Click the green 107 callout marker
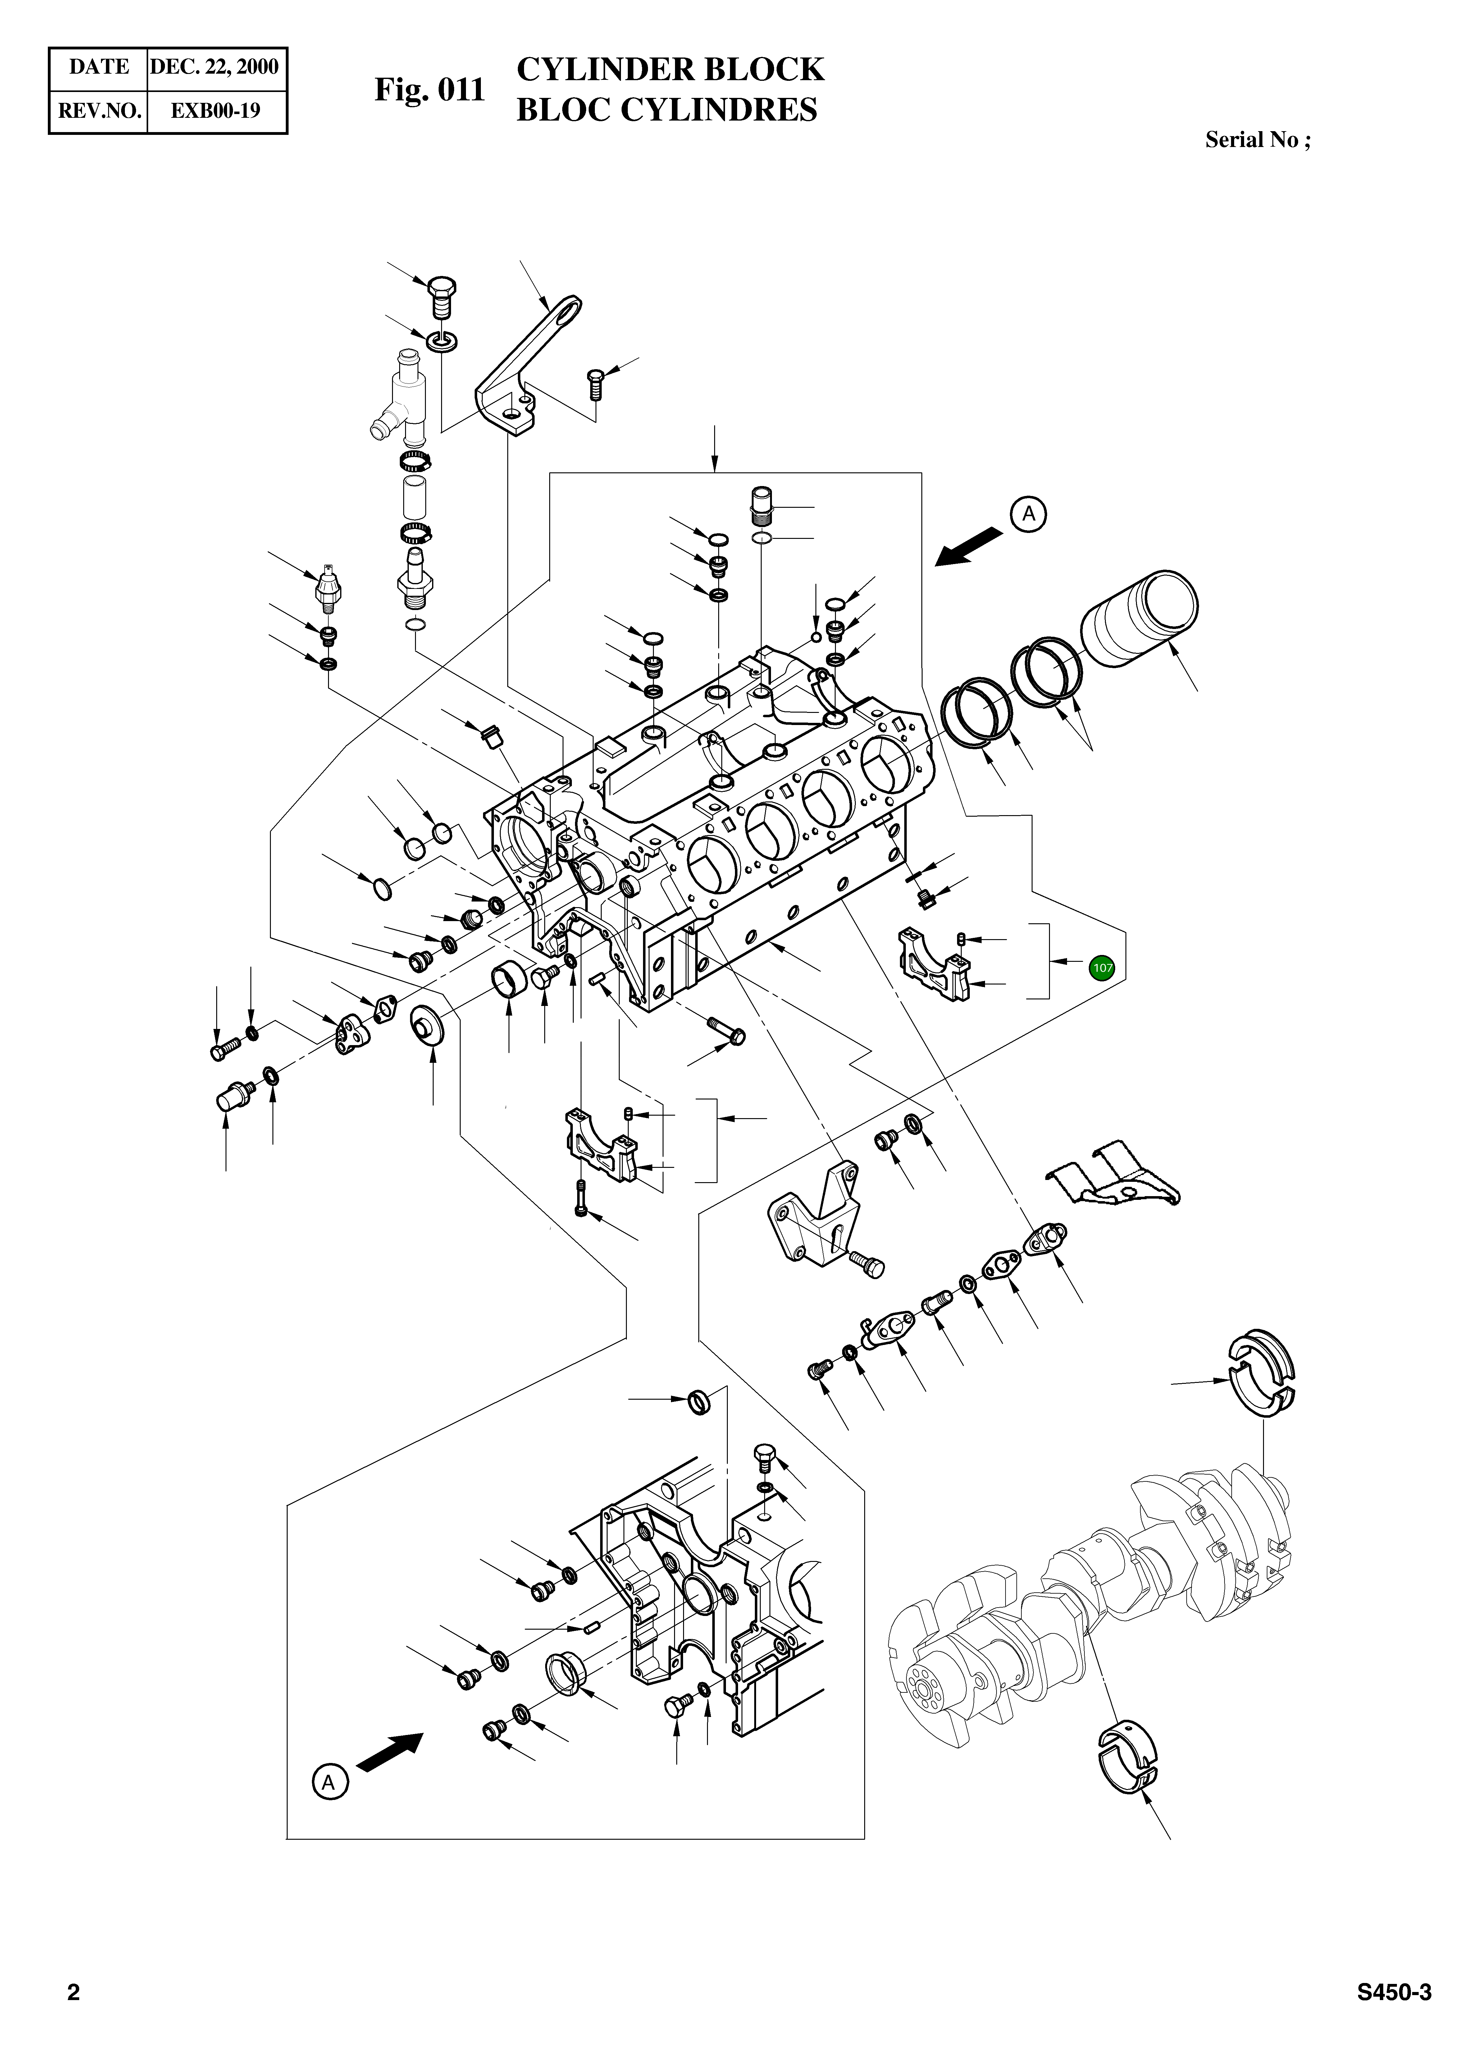pos(1102,967)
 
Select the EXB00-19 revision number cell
pos(216,111)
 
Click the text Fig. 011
pos(430,89)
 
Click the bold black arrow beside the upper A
pos(968,547)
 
